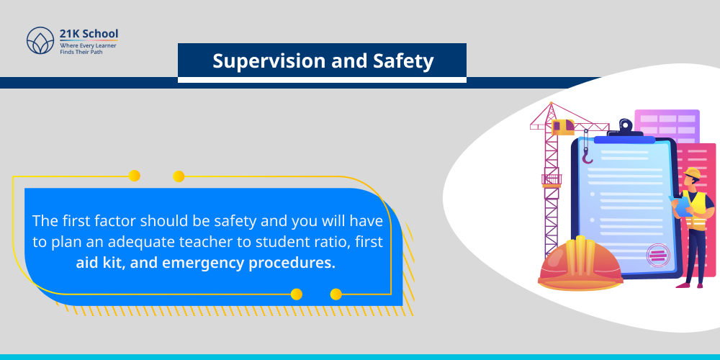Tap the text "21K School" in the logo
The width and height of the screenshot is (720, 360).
tap(89, 34)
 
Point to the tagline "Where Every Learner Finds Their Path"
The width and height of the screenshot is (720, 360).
tap(89, 48)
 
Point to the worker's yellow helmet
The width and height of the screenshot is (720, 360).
tap(692, 174)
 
